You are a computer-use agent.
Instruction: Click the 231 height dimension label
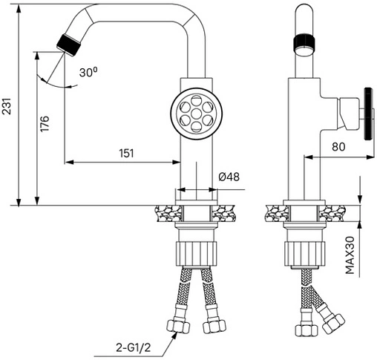click(x=7, y=105)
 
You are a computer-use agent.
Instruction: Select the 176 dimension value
click(x=45, y=123)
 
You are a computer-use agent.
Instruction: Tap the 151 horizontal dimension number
click(x=126, y=153)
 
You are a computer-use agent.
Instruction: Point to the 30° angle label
click(x=88, y=73)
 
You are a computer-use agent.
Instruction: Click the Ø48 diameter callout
click(x=229, y=177)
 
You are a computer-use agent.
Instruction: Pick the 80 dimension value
click(x=338, y=147)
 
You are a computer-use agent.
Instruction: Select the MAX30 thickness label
click(x=350, y=255)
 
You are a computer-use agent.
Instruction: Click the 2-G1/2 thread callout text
click(x=133, y=348)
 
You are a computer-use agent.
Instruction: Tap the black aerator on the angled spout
click(x=69, y=45)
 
